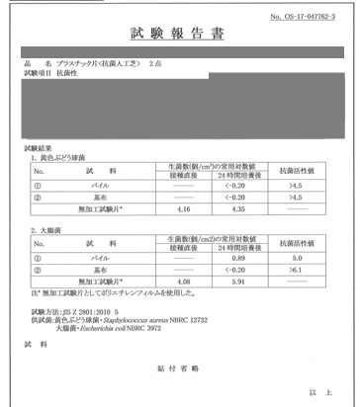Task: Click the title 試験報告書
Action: point(179,33)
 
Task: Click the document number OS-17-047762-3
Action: point(310,16)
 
